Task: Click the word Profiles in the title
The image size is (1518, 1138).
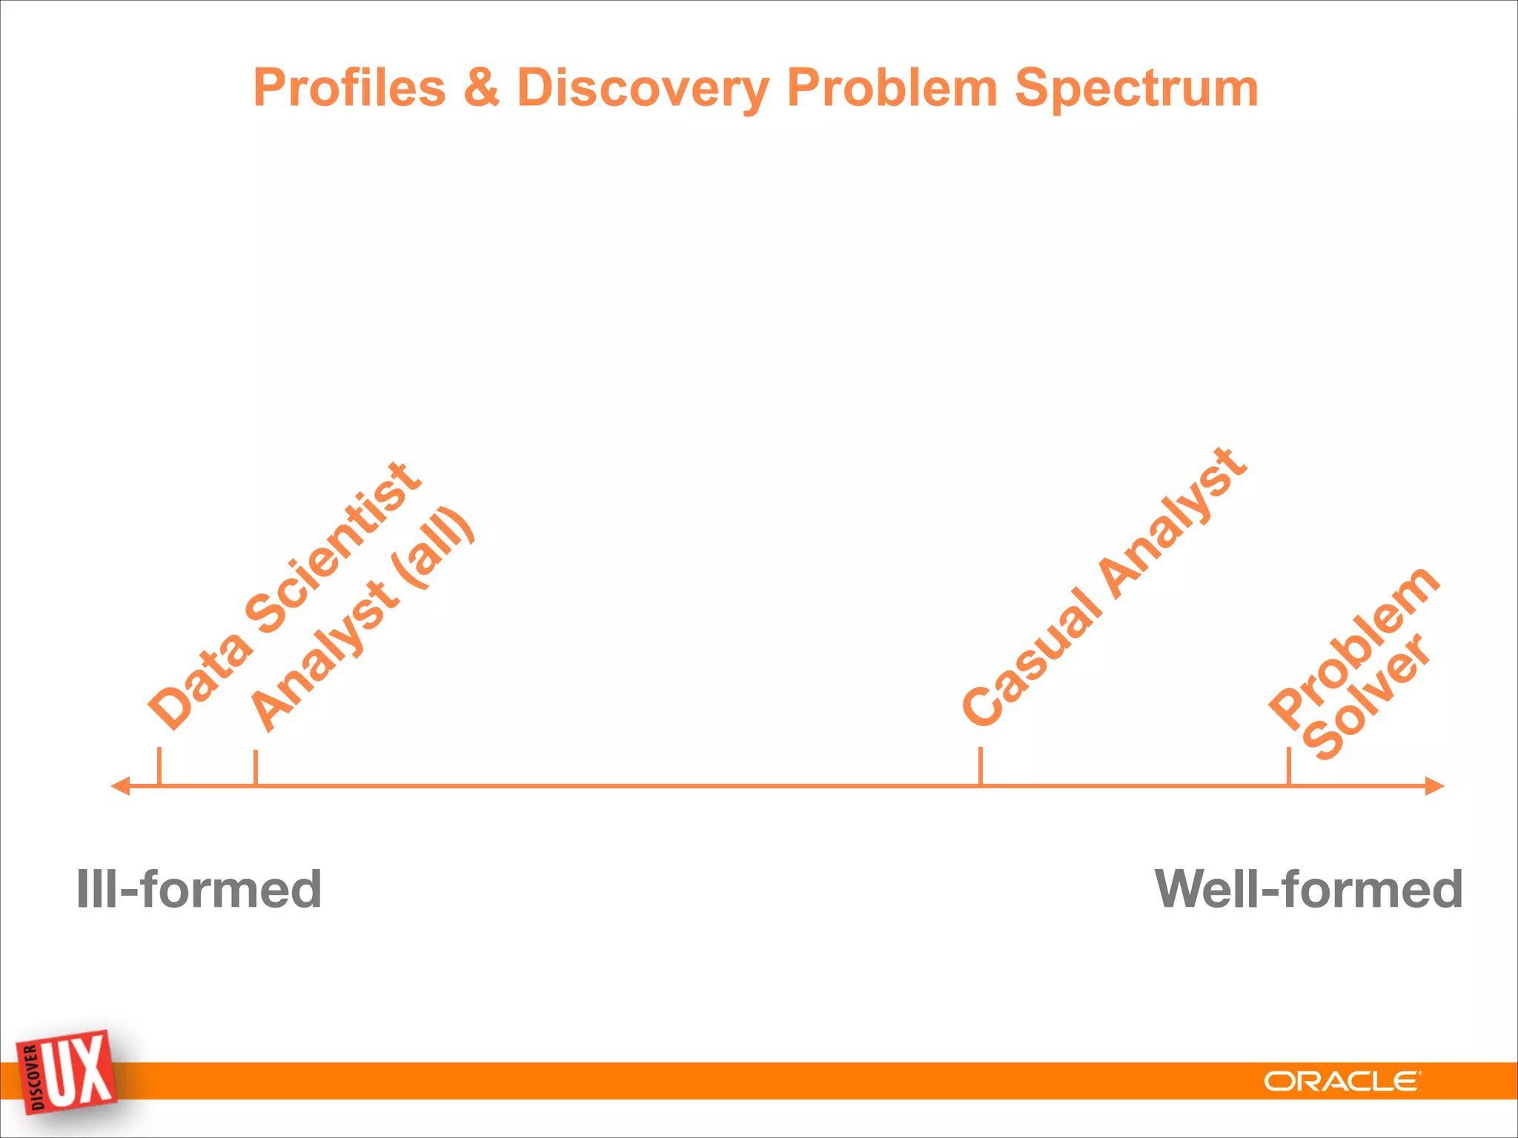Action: (x=349, y=89)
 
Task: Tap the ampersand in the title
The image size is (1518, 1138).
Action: (x=481, y=87)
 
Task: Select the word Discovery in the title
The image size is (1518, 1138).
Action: (x=643, y=89)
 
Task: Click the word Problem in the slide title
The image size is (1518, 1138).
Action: (x=892, y=87)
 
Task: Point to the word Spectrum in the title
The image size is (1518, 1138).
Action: (x=1136, y=89)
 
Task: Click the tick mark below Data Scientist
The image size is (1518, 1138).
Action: (x=159, y=766)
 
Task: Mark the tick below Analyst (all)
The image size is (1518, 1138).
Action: (x=256, y=768)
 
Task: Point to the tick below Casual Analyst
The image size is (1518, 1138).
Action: (x=981, y=766)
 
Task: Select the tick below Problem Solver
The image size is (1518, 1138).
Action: (x=1289, y=766)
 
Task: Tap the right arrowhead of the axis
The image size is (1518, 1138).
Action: (x=1435, y=786)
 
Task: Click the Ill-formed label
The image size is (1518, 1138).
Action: (x=199, y=889)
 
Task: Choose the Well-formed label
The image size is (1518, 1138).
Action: (x=1308, y=889)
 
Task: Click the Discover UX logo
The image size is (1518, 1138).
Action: (x=67, y=1073)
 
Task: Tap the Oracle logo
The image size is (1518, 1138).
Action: (x=1342, y=1082)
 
